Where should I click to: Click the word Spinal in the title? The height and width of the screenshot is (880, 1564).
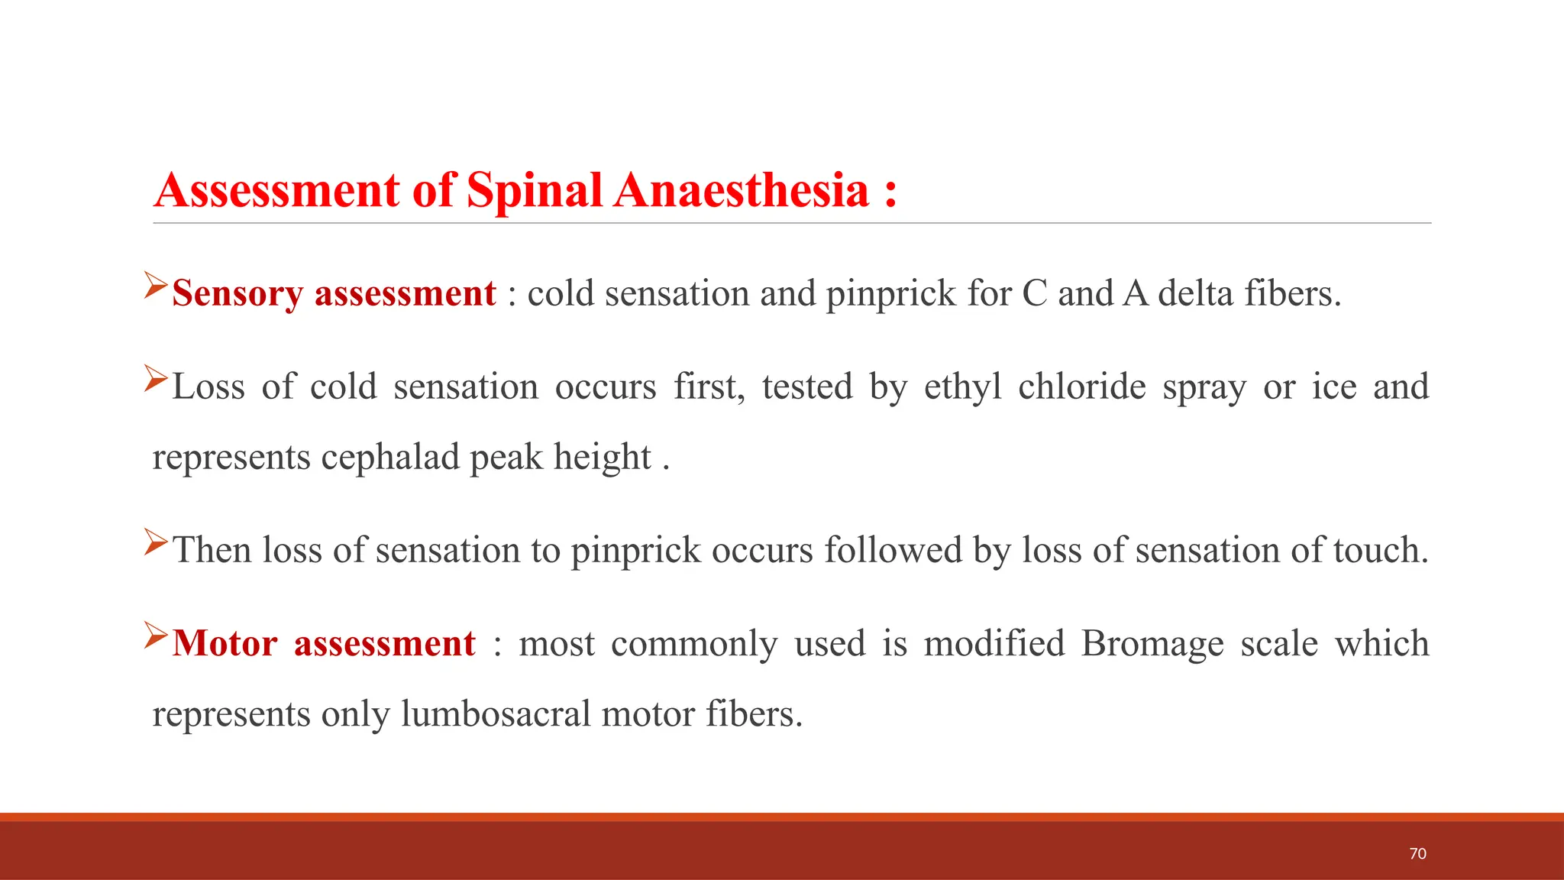(x=535, y=190)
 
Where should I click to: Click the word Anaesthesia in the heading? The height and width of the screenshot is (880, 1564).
(x=742, y=190)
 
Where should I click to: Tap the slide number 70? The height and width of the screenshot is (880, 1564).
(x=1417, y=853)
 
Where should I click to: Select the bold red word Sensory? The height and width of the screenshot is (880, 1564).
(x=238, y=294)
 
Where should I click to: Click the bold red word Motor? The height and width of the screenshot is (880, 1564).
(x=225, y=643)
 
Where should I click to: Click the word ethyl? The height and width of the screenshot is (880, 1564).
(x=962, y=387)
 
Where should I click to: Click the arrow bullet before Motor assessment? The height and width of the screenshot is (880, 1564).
(x=156, y=636)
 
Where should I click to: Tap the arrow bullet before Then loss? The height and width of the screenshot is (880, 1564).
(x=156, y=542)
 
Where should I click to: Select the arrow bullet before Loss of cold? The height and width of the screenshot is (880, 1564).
(x=156, y=379)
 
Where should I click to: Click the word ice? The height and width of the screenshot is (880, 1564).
(x=1334, y=387)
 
